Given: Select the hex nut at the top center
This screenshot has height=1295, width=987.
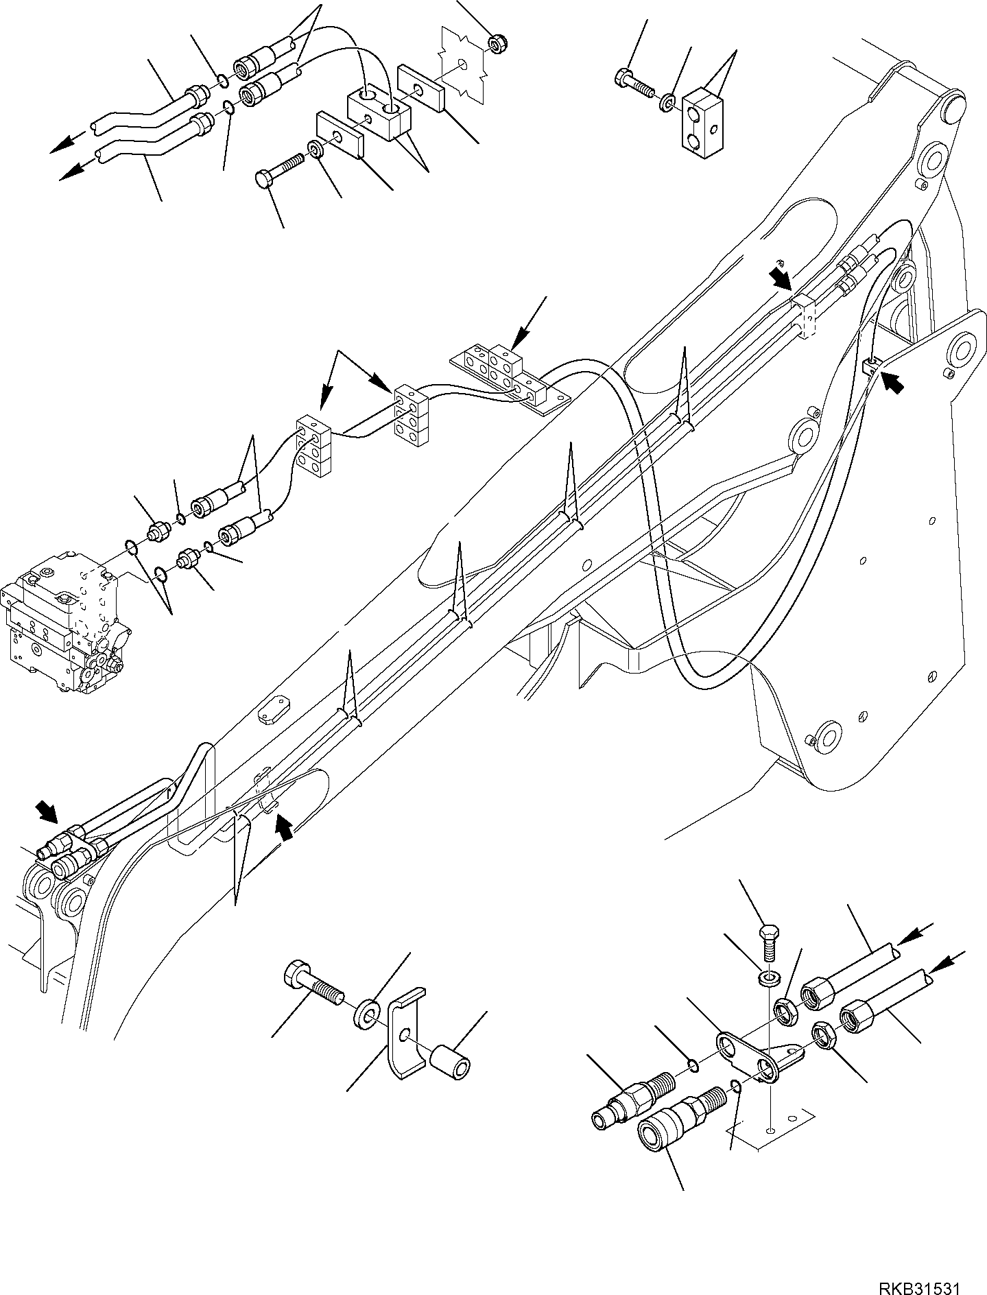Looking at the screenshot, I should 493,45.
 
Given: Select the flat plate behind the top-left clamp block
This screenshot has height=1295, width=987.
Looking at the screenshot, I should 420,87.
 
